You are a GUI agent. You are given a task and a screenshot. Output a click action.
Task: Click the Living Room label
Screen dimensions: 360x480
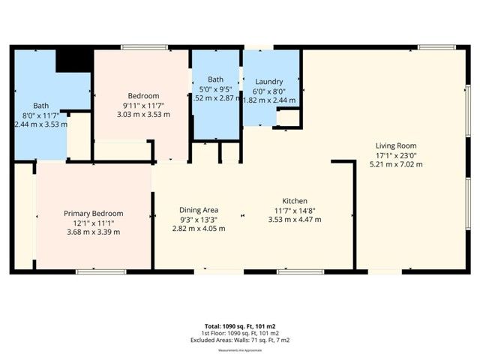click(x=396, y=145)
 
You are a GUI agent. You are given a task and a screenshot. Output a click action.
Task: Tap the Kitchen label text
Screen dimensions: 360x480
click(x=295, y=201)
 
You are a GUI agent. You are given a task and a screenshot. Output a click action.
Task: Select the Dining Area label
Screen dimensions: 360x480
click(x=199, y=210)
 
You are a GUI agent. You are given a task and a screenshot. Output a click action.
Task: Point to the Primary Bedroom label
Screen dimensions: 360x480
click(x=92, y=214)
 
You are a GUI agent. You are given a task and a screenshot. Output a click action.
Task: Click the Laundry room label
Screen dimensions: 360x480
click(x=268, y=81)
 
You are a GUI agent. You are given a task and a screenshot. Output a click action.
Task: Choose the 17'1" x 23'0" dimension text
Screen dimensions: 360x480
click(x=396, y=155)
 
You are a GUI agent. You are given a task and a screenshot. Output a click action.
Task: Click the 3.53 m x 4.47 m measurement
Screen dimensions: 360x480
click(x=295, y=220)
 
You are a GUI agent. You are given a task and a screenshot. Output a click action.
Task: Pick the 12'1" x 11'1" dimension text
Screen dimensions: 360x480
click(x=92, y=223)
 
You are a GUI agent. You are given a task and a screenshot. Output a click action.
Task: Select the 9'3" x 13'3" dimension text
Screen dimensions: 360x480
click(x=199, y=219)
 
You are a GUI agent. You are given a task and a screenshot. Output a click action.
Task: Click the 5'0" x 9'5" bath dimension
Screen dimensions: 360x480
click(x=216, y=89)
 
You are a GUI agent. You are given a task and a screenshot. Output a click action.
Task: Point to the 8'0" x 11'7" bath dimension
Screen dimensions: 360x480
click(x=40, y=115)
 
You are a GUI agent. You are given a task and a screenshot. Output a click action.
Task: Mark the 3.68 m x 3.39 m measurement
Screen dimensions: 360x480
click(x=92, y=232)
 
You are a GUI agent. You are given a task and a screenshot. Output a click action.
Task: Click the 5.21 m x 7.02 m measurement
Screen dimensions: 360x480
click(x=396, y=164)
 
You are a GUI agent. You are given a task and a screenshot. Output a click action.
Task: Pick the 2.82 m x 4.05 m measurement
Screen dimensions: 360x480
click(x=199, y=229)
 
